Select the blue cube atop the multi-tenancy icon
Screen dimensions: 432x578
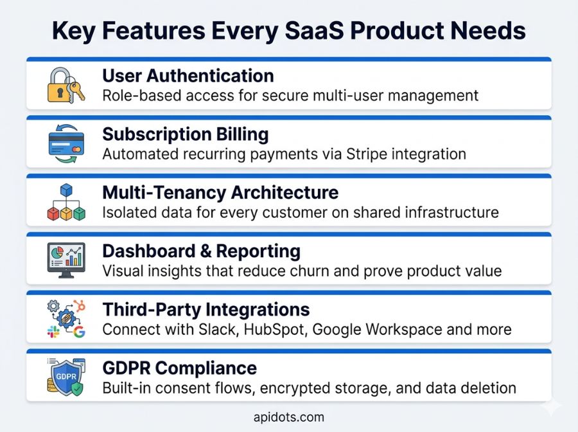tap(66, 190)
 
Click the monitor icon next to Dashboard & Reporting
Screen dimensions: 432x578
tap(66, 260)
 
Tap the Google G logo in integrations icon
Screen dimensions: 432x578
tap(79, 332)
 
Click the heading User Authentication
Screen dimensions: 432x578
tap(188, 75)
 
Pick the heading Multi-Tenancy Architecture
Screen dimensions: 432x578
tap(220, 192)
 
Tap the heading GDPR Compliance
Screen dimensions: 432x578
tap(179, 368)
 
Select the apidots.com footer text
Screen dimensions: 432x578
tap(289, 417)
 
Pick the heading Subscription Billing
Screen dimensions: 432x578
tap(186, 134)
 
